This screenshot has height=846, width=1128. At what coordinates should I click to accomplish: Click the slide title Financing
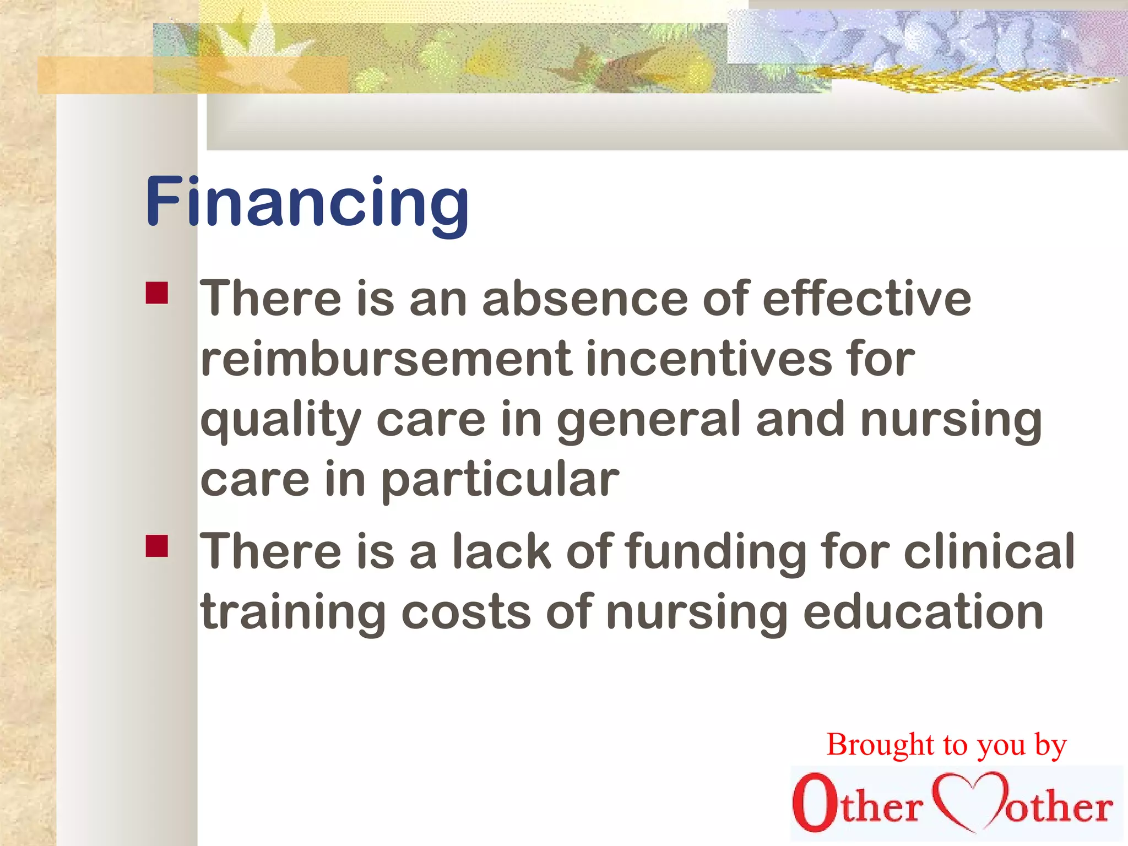tap(307, 202)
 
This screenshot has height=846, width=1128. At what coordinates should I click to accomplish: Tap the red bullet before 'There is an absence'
tap(157, 293)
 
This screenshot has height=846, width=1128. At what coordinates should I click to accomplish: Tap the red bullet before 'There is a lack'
tap(157, 546)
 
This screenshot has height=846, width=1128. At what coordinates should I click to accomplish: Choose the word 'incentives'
tap(709, 359)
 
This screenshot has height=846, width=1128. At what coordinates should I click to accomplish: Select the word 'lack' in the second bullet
tap(502, 551)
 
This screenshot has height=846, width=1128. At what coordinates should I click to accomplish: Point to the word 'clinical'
tap(989, 551)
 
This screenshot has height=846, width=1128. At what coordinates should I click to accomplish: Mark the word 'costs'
tap(466, 612)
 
